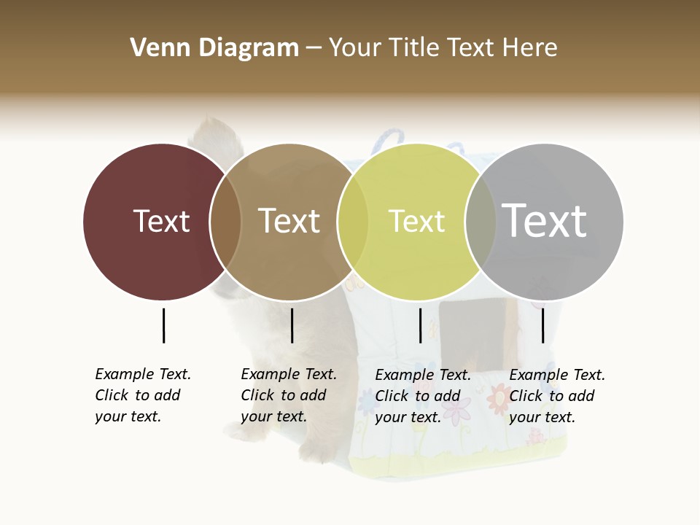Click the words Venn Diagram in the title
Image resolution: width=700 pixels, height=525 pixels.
214,48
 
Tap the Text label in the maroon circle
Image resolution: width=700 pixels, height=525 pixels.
161,221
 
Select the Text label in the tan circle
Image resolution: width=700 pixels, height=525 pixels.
289,221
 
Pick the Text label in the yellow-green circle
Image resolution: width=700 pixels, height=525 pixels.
416,221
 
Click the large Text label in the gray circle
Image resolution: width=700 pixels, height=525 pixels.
544,220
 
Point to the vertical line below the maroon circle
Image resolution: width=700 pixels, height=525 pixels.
163,325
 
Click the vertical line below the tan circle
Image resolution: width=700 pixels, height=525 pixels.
292,325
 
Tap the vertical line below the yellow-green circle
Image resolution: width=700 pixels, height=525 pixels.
421,325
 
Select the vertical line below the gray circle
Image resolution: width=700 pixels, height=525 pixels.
542,325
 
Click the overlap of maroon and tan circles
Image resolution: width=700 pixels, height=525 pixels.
225,222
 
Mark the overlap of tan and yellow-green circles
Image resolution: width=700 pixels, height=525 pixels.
353,222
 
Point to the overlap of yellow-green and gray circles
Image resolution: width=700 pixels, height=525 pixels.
481,222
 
